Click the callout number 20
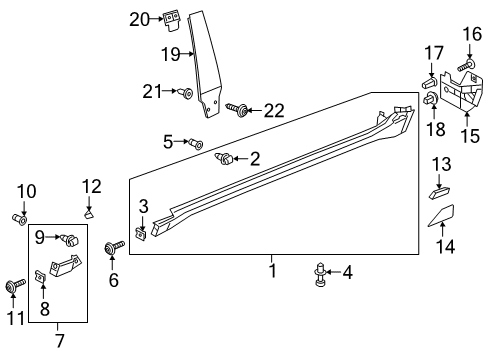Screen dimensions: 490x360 point(139,19)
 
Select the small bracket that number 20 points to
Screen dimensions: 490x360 point(171,20)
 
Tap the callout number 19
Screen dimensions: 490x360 point(171,54)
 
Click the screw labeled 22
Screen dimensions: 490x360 point(237,110)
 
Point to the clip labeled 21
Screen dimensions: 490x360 point(186,93)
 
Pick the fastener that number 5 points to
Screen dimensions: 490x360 point(196,144)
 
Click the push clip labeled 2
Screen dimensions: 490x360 point(225,158)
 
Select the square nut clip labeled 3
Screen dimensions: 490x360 point(142,234)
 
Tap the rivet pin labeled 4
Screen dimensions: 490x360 point(320,274)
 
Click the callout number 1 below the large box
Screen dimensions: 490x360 point(273,270)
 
